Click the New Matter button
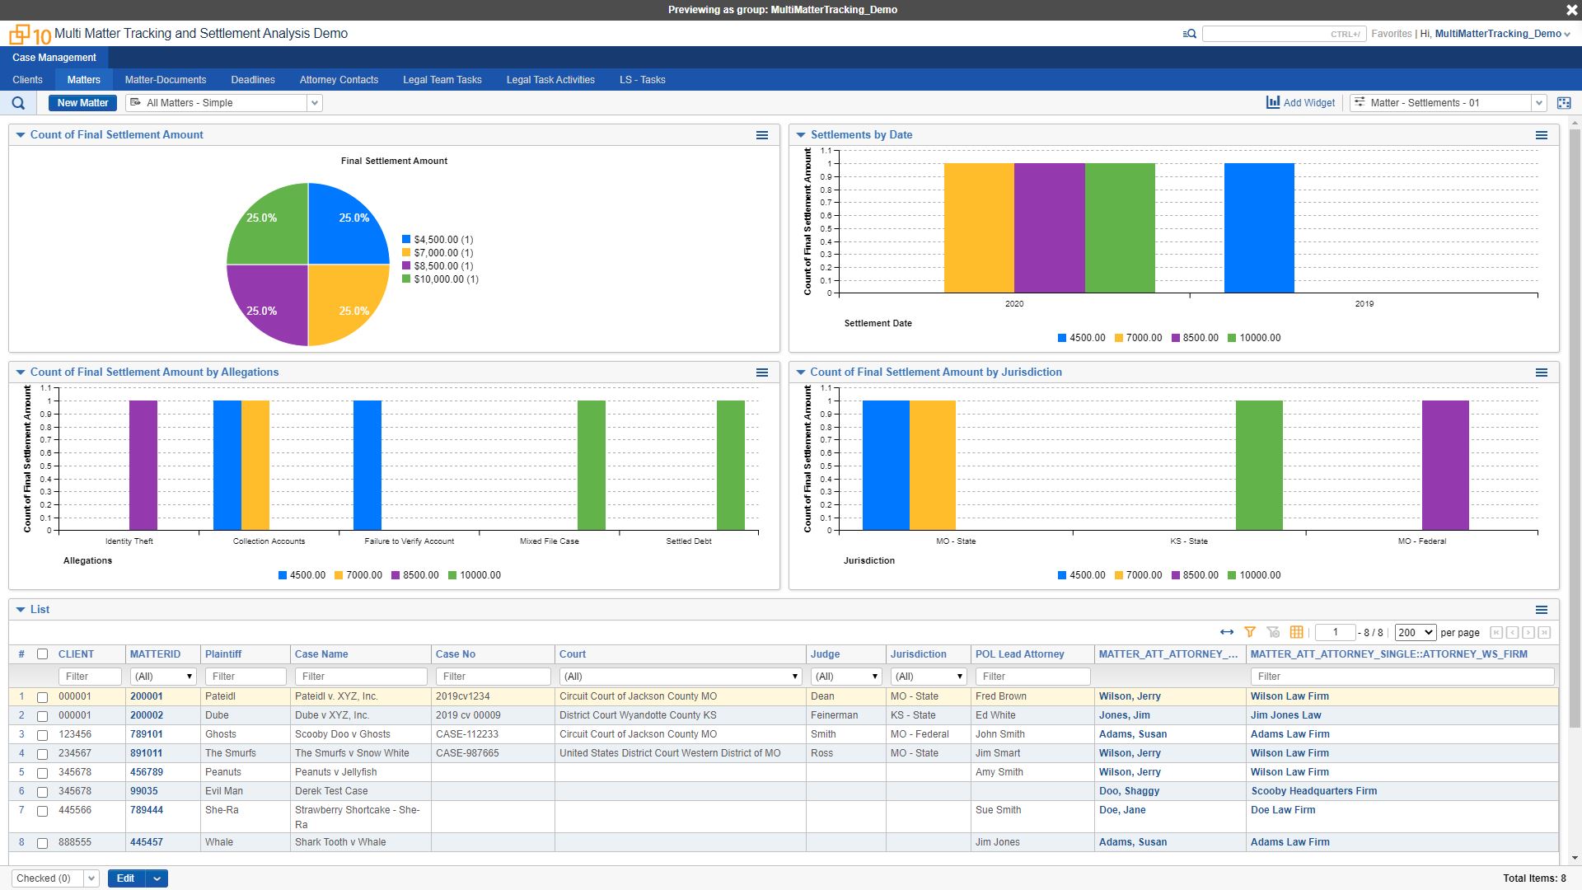pyautogui.click(x=82, y=103)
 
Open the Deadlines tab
pyautogui.click(x=252, y=80)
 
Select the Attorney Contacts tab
pyautogui.click(x=339, y=80)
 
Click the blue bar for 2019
pyautogui.click(x=1258, y=228)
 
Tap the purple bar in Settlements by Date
pyautogui.click(x=1049, y=228)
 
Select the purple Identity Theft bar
pyautogui.click(x=143, y=466)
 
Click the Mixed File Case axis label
pyautogui.click(x=549, y=541)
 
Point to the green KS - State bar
pyautogui.click(x=1258, y=466)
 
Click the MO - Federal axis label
pyautogui.click(x=1421, y=541)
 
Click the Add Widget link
pyautogui.click(x=1301, y=103)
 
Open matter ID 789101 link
pyautogui.click(x=147, y=734)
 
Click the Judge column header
pyautogui.click(x=825, y=654)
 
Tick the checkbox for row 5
pyautogui.click(x=43, y=773)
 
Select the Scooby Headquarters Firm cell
pyautogui.click(x=1313, y=791)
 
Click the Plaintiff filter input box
pyautogui.click(x=246, y=677)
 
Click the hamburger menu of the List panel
pyautogui.click(x=1541, y=610)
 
